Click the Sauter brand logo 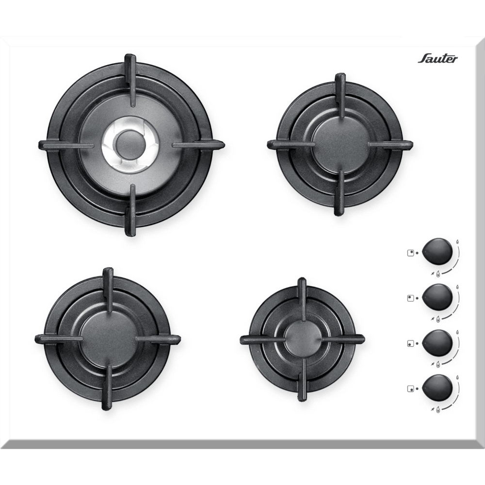tap(437, 59)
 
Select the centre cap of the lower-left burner tap(107, 339)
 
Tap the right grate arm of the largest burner tap(198, 145)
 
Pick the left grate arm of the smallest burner tap(262, 339)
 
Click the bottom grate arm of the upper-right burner tap(339, 193)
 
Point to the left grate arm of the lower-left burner tap(59, 339)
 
